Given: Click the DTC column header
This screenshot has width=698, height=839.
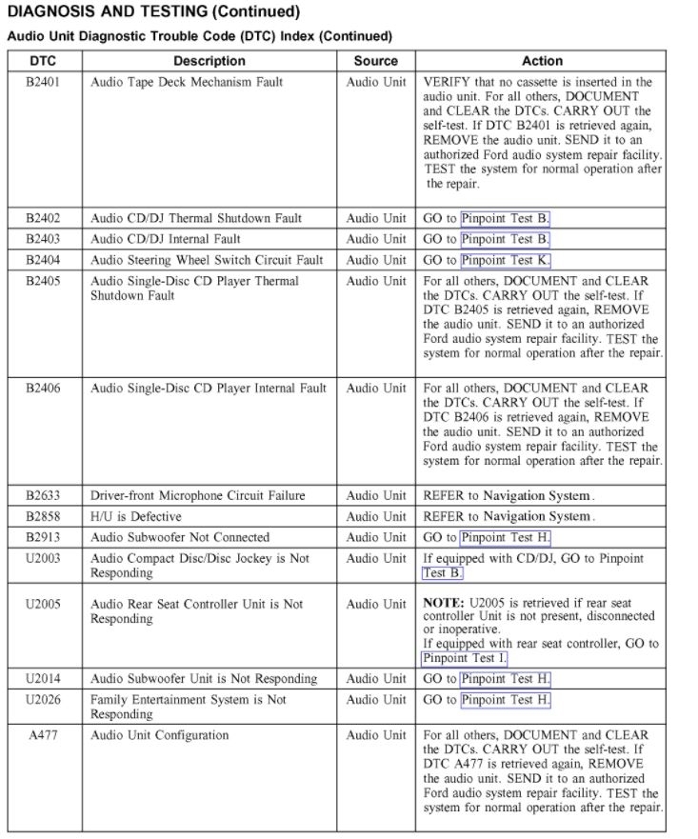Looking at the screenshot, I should point(43,61).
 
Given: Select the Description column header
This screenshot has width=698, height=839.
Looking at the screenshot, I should point(209,61).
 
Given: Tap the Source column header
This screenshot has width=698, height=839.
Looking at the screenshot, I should point(375,61).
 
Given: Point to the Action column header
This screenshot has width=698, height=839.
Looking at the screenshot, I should point(543,61).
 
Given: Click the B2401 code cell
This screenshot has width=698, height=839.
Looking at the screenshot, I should point(43,82).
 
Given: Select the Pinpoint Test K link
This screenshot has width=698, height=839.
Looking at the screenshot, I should point(505,260).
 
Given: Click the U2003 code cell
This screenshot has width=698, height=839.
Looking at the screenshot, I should point(43,558).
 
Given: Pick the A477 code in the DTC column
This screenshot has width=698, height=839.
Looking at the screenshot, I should point(43,735).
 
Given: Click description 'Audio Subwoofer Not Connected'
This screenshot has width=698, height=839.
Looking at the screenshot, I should point(179,537).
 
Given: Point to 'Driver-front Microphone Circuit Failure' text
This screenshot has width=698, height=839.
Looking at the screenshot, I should point(197,495).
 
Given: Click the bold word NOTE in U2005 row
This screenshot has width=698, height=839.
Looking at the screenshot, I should point(442,604).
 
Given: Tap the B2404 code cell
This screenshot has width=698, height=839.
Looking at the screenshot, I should point(43,260).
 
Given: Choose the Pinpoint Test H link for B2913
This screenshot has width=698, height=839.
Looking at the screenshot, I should point(505,537).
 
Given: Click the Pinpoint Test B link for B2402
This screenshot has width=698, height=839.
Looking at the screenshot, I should point(505,218).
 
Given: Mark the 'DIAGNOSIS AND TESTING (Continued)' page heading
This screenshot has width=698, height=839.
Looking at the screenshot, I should point(153,12).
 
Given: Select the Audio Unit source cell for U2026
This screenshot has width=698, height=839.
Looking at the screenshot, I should point(375,700).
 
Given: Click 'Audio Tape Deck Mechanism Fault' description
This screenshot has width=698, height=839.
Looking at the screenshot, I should point(187,82).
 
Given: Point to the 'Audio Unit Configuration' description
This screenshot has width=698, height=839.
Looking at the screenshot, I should point(159,735).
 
